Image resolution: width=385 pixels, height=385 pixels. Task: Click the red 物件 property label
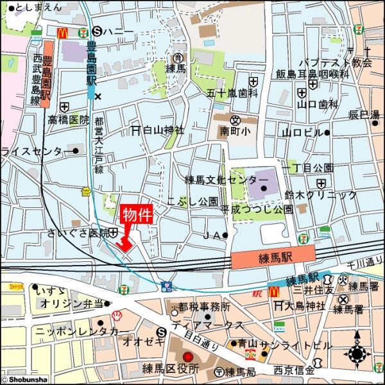coord(136,214)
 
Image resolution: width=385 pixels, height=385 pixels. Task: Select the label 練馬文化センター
coord(227,180)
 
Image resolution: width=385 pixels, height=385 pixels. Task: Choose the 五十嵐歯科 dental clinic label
coord(232,93)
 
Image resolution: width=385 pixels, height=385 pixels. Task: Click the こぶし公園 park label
coord(192,201)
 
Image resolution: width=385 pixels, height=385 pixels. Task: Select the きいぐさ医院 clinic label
coord(77,232)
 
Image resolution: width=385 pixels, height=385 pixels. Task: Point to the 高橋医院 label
coord(67,120)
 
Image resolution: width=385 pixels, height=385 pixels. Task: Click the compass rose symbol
coord(357,354)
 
